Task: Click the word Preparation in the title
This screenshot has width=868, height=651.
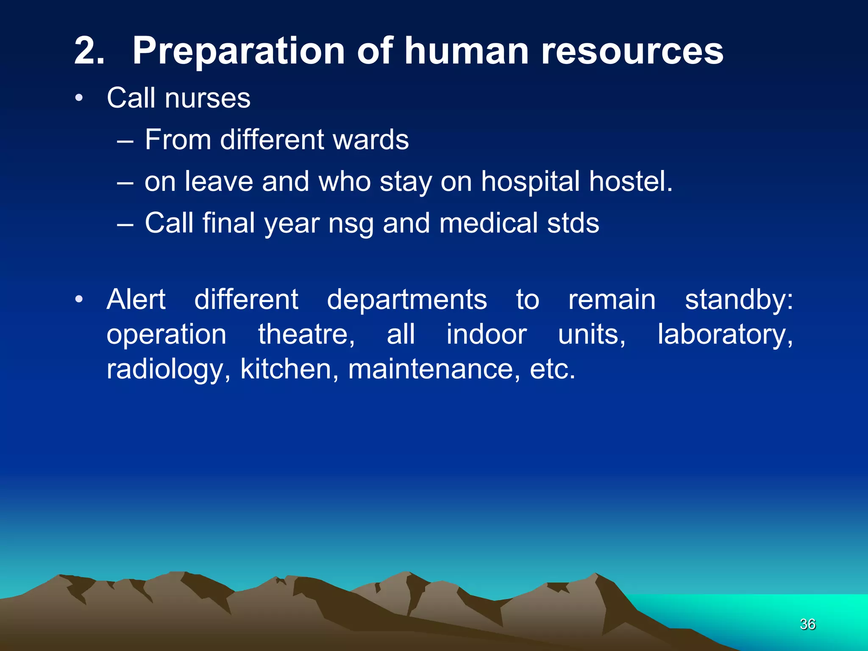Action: (x=239, y=51)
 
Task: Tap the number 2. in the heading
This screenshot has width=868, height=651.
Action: (x=89, y=51)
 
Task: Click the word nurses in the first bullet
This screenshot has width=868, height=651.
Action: (x=208, y=98)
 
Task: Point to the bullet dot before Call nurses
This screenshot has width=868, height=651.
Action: (x=79, y=99)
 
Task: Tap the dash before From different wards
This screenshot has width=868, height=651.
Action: (x=125, y=140)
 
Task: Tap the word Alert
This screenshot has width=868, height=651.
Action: (x=136, y=300)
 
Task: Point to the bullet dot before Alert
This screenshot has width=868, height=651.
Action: (x=79, y=300)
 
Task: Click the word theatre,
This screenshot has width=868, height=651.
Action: (x=306, y=335)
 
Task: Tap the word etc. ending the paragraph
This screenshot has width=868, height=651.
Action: (x=553, y=369)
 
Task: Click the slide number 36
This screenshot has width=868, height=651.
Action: (x=807, y=624)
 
